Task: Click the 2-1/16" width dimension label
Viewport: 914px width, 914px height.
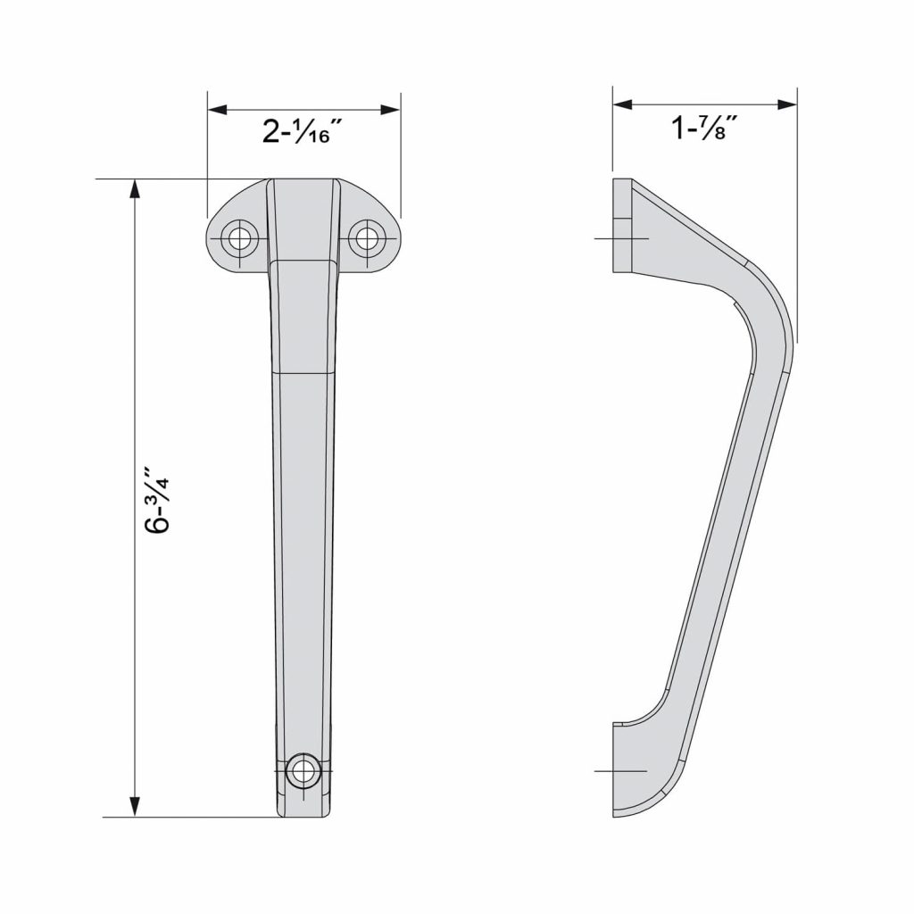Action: tap(303, 132)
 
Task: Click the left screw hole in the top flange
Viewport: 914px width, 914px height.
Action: tap(240, 238)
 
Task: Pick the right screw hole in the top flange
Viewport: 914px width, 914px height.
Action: tap(366, 238)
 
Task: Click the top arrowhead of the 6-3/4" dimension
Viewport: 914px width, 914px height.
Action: tap(135, 190)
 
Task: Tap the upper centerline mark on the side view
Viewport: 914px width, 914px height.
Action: tap(621, 238)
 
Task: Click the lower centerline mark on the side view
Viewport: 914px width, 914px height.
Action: tap(620, 770)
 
